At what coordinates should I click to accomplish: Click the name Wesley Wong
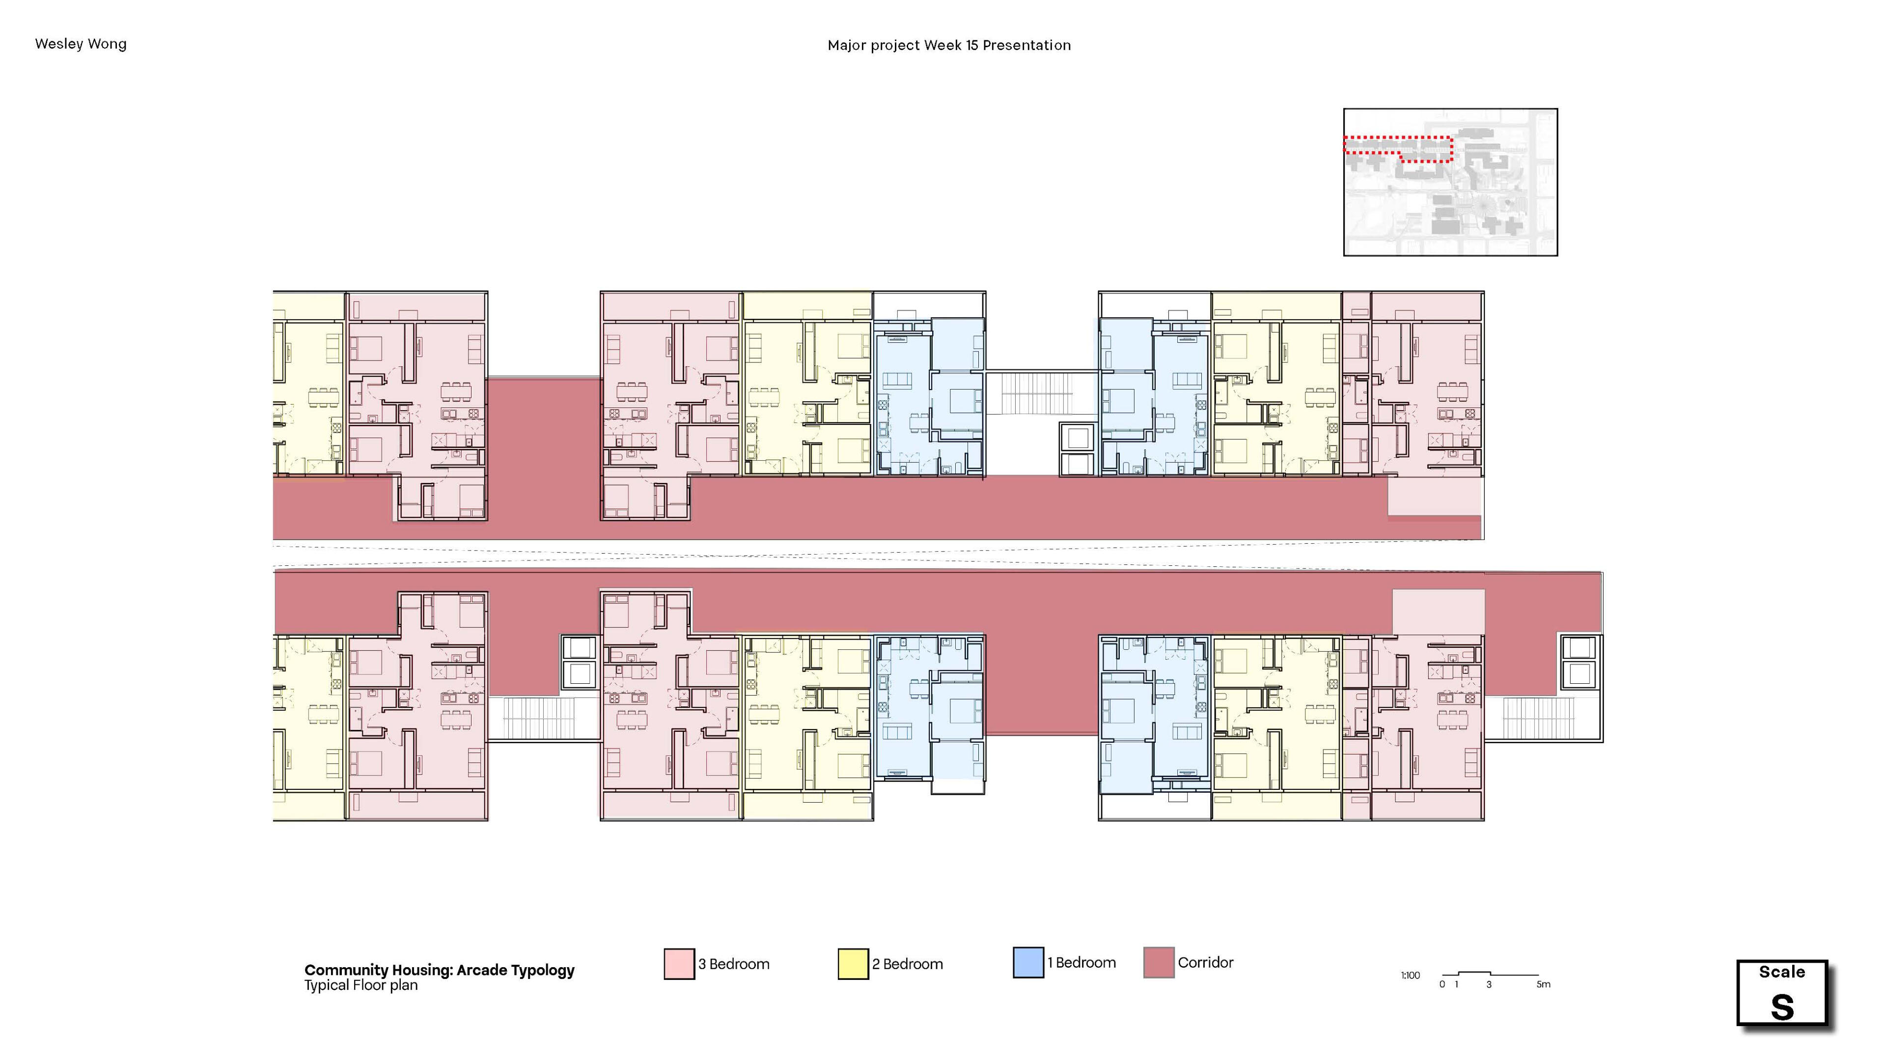tap(81, 44)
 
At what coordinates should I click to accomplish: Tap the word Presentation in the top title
tap(1026, 45)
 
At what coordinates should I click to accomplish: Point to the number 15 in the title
tap(971, 45)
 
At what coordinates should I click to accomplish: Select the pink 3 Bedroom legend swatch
tap(679, 964)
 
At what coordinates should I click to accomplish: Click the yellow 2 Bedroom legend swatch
tap(853, 964)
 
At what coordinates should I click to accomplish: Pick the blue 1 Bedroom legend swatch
tap(1028, 962)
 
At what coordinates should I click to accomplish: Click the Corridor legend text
tap(1205, 962)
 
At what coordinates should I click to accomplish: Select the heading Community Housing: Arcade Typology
tap(439, 970)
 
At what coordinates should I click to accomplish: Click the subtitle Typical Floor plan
tap(361, 985)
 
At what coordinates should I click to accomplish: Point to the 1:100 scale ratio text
tap(1410, 976)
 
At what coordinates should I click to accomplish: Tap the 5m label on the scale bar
tap(1543, 984)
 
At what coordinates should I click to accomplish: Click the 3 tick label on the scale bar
tap(1489, 984)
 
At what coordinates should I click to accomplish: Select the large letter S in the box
tap(1782, 1007)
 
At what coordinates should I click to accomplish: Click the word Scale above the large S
tap(1782, 972)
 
